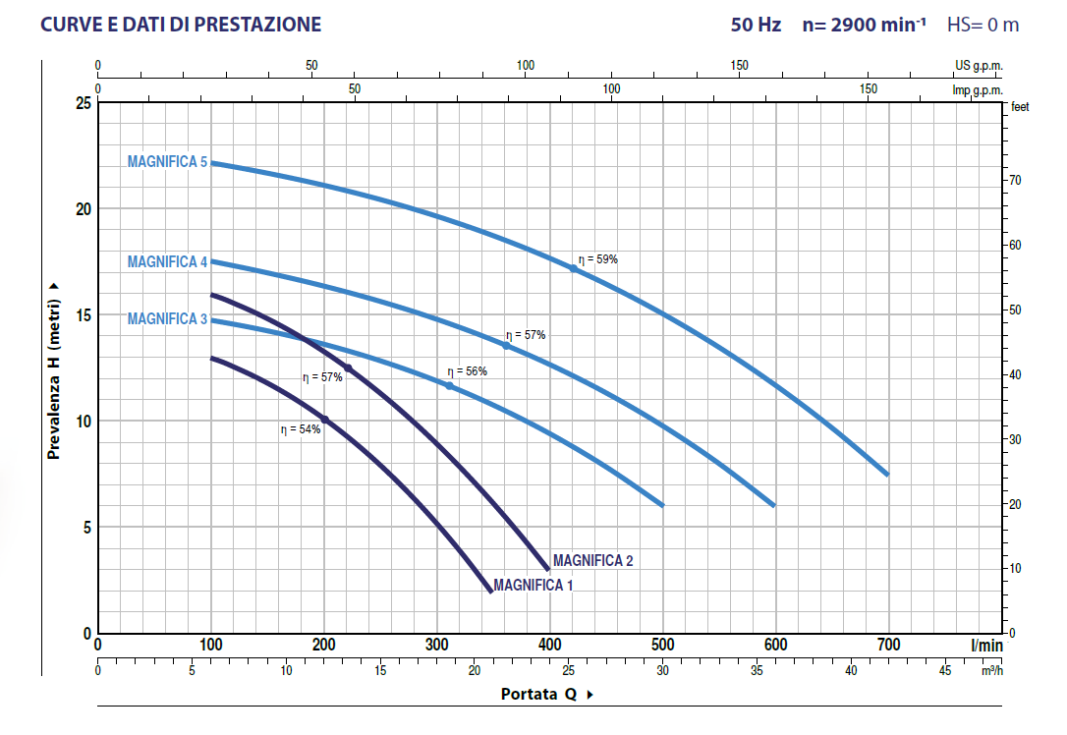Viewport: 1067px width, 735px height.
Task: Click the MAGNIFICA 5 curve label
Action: [167, 162]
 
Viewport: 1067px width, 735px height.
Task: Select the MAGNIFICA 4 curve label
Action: [167, 262]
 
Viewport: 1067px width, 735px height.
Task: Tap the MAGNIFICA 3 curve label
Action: [167, 319]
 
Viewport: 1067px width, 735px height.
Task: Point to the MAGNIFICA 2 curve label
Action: [592, 561]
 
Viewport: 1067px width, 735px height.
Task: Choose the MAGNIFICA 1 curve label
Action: [533, 585]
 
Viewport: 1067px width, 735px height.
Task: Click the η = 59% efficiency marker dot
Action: [574, 268]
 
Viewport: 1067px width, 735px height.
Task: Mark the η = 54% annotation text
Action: [301, 429]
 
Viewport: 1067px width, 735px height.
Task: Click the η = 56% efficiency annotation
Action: [467, 371]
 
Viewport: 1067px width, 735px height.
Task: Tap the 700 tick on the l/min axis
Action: [888, 645]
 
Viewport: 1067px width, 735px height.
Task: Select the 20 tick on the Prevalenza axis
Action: [84, 209]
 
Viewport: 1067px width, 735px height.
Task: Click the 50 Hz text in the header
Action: [756, 25]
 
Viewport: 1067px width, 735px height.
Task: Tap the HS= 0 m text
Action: [983, 25]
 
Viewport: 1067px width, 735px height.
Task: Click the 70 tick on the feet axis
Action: [1016, 181]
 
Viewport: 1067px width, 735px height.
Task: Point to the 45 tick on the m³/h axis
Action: [945, 671]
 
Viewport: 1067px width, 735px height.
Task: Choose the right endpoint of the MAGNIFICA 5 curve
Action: [887, 475]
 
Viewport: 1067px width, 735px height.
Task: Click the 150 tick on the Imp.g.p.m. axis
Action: [869, 88]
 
